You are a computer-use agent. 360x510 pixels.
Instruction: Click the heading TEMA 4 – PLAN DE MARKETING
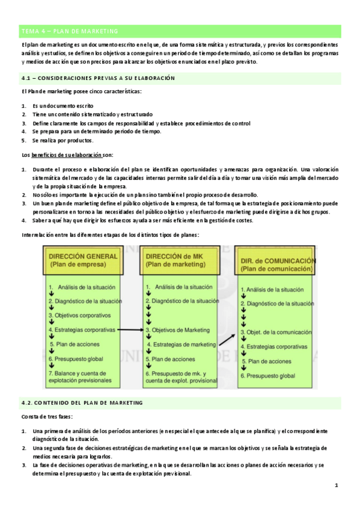pyautogui.click(x=70, y=31)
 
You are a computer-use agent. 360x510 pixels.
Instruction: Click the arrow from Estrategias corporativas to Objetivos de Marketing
pyautogui.click(x=129, y=330)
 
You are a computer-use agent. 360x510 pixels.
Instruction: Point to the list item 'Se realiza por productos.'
pyautogui.click(x=63, y=141)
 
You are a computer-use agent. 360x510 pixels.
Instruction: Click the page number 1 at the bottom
pyautogui.click(x=337, y=485)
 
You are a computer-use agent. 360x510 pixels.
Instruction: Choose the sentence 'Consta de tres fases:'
pyautogui.click(x=47, y=416)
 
